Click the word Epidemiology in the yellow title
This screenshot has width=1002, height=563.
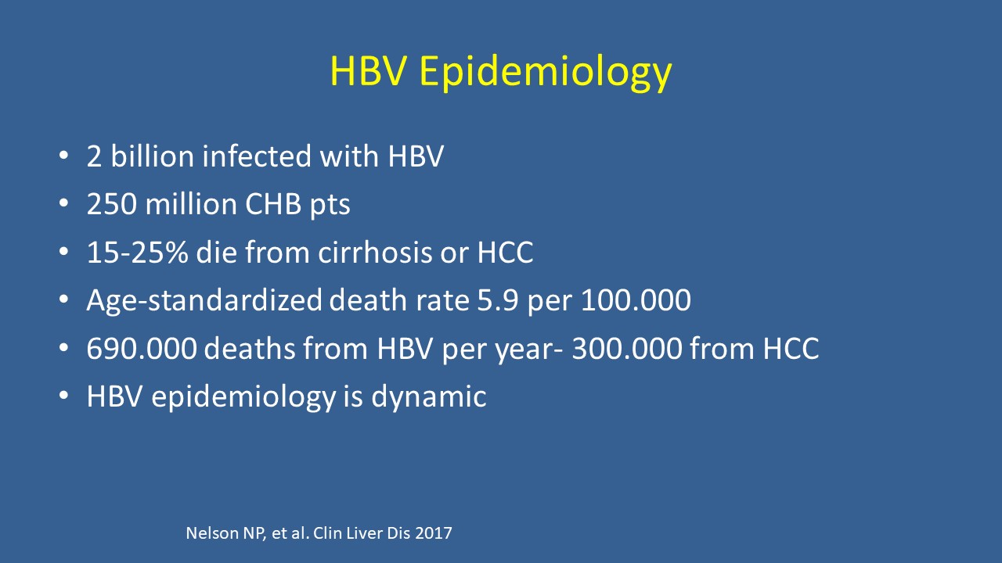click(x=546, y=73)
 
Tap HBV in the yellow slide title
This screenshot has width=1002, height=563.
click(x=369, y=70)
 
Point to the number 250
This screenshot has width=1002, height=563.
click(x=112, y=204)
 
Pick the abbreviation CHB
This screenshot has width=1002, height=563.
click(x=273, y=204)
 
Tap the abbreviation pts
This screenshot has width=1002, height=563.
click(x=330, y=206)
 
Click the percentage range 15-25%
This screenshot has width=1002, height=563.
click(x=137, y=252)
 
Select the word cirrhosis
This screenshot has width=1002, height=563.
click(x=375, y=252)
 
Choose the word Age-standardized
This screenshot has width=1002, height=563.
click(x=204, y=301)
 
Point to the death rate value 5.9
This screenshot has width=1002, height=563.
click(x=498, y=299)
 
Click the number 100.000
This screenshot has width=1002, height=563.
click(x=636, y=299)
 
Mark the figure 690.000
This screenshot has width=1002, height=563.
click(x=142, y=348)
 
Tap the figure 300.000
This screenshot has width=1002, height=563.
click(x=627, y=348)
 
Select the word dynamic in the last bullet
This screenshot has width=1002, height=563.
click(x=429, y=397)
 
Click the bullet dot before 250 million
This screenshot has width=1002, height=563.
click(x=63, y=204)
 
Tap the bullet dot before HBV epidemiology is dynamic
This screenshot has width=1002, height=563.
click(x=63, y=396)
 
